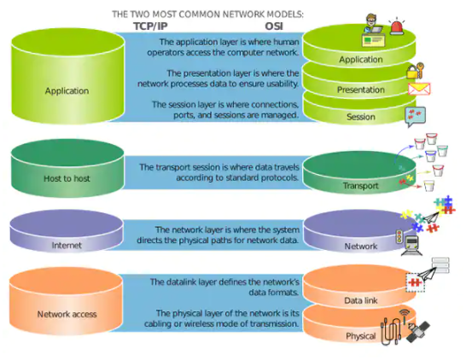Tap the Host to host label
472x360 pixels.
67,178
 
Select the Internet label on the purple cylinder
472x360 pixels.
67,246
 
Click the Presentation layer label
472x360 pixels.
360,89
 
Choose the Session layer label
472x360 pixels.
360,117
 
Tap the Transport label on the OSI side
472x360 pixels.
360,185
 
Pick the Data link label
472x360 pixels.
360,301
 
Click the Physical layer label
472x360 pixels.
360,335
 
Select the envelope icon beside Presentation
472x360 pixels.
418,89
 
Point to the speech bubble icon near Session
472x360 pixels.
416,117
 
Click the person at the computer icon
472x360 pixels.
372,28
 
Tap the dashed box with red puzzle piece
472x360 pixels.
415,282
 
